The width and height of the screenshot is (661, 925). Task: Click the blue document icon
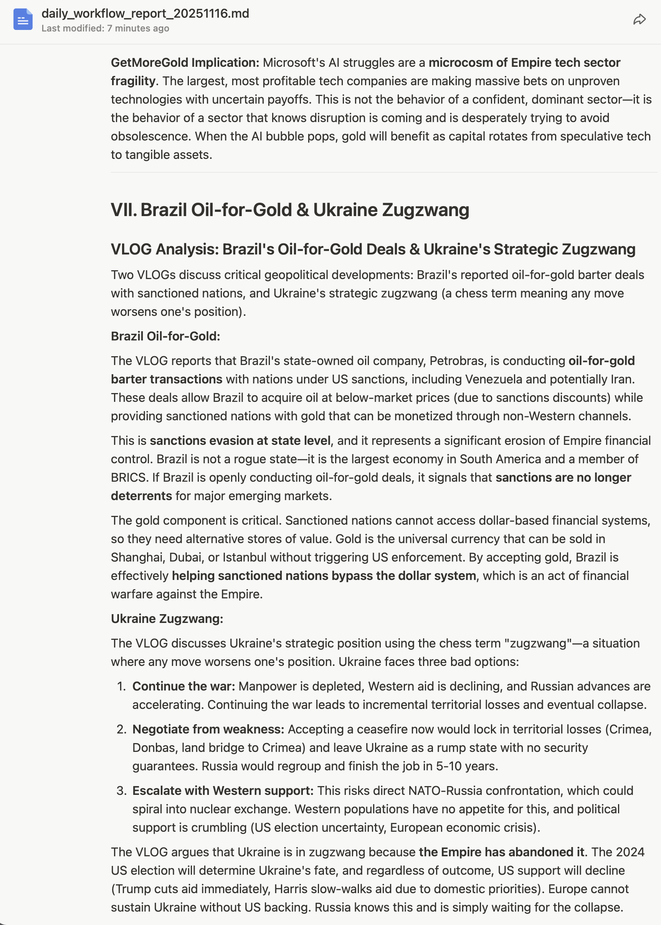[x=23, y=20]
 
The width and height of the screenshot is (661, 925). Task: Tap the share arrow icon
[x=639, y=20]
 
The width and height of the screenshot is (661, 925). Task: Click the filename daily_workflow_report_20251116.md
[x=145, y=13]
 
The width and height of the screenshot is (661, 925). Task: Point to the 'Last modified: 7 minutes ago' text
[x=106, y=28]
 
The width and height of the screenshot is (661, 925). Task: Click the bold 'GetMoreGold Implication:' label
[x=185, y=63]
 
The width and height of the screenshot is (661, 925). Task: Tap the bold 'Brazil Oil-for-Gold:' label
[x=165, y=336]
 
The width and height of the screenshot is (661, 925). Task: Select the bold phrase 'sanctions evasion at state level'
[x=240, y=441]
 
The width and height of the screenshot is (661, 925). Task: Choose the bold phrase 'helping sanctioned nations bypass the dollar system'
[x=324, y=576]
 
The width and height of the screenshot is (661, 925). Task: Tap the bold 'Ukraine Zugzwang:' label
[x=167, y=619]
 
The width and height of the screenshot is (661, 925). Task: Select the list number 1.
[x=121, y=687]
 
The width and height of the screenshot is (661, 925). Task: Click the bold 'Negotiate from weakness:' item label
[x=208, y=729]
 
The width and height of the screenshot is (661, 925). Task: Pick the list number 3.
[x=121, y=791]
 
